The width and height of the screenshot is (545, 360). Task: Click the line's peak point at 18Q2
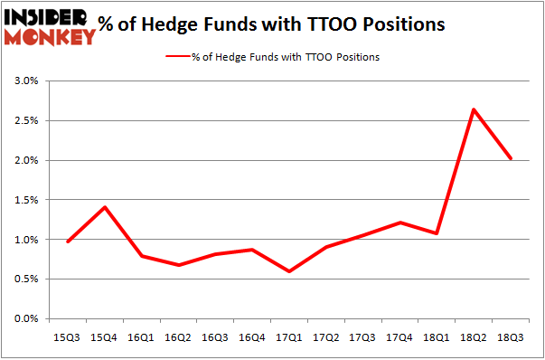coord(474,109)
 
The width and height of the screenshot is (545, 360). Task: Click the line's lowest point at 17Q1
coord(289,271)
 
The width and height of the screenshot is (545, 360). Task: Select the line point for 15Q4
coord(105,207)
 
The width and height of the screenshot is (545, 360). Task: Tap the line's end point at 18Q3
coord(511,158)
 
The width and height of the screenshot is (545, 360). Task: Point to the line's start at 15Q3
coord(68,242)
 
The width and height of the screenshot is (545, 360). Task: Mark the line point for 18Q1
coord(437,233)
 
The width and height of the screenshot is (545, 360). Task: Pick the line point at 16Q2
coord(178,265)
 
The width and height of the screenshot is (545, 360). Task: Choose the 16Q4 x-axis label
coord(252,336)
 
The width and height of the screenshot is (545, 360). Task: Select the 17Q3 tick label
coord(363,336)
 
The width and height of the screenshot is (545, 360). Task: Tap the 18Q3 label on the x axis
coord(511,336)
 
